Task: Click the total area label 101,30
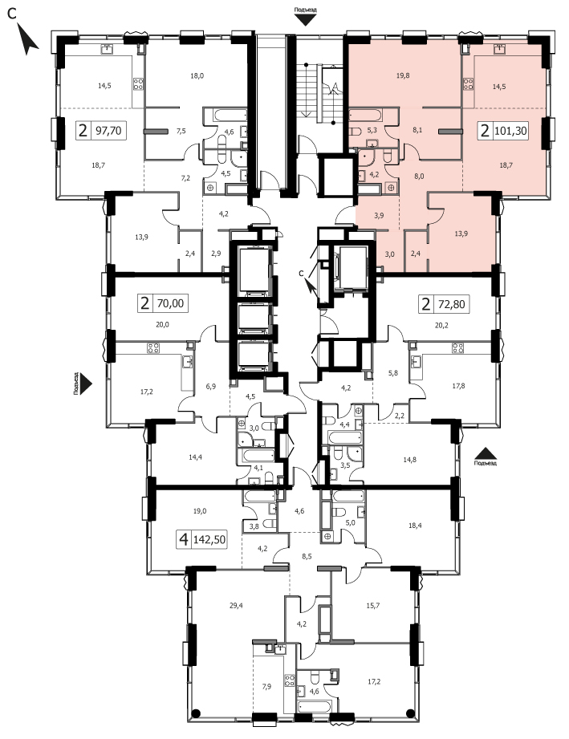pos(510,130)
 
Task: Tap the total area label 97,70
pos(109,130)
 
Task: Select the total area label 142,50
pos(209,539)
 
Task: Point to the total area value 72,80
pos(452,304)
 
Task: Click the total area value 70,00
pos(170,303)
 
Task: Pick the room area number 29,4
pos(236,606)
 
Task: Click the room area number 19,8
pos(403,75)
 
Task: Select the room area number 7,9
pos(266,686)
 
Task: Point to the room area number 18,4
pos(415,526)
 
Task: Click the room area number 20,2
pos(441,324)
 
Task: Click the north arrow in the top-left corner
pos(28,39)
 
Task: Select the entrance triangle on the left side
pos(86,384)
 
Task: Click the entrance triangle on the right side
pos(486,453)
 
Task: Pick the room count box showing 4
pos(184,539)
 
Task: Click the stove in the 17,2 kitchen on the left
pos(152,348)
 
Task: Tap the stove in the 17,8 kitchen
pos(457,348)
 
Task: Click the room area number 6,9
pos(211,387)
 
